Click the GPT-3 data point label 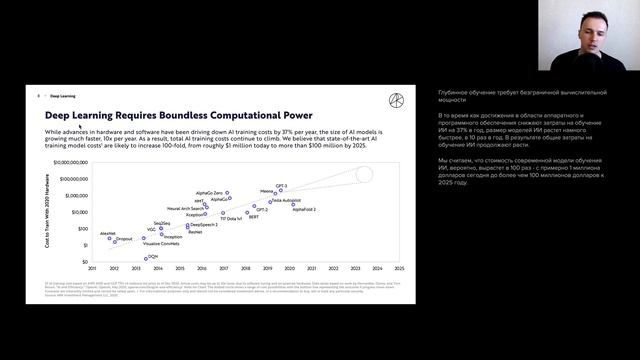point(282,187)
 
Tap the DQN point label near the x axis point(153,256)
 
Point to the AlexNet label point(107,233)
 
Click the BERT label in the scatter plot point(254,216)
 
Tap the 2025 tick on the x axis point(398,268)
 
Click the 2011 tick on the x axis point(91,268)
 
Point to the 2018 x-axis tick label point(244,268)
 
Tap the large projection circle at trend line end point(364,175)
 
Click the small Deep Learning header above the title point(62,97)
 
